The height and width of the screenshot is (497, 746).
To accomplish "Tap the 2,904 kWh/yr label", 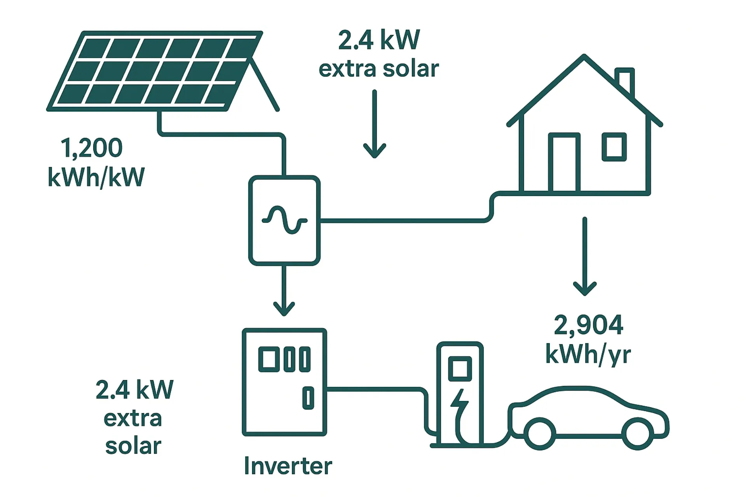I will point(588,339).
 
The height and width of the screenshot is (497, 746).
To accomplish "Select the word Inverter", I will point(288,466).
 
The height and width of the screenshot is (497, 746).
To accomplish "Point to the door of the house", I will point(564,163).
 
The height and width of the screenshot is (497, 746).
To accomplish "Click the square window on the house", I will point(614,147).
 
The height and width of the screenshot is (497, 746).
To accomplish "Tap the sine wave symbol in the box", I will point(284,220).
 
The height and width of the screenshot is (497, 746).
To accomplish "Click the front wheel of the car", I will point(637,433).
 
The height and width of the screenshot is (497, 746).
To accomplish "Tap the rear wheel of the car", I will point(540,433).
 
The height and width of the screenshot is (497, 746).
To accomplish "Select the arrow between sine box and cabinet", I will point(284,291).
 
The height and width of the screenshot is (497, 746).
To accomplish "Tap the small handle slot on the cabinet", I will point(308,398).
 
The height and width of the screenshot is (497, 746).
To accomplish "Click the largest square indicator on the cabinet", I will point(269,359).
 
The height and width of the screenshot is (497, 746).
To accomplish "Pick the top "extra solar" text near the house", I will point(379,69).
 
